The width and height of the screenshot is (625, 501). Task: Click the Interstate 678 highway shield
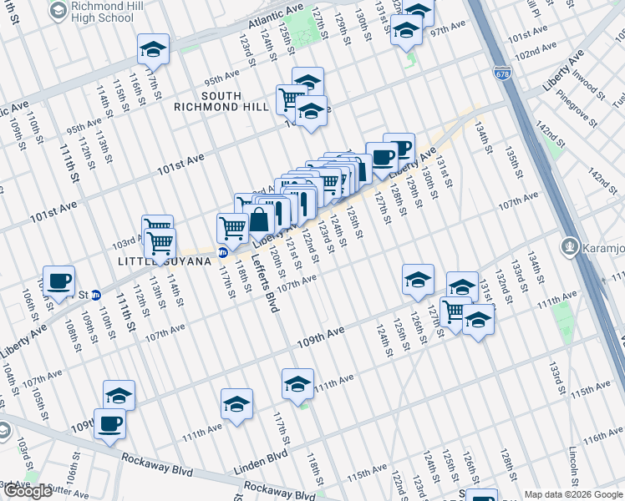coord(501,73)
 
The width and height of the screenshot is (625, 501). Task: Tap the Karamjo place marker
coord(572,246)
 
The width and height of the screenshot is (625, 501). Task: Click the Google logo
coord(28,490)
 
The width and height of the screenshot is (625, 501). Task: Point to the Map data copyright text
coord(574,494)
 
